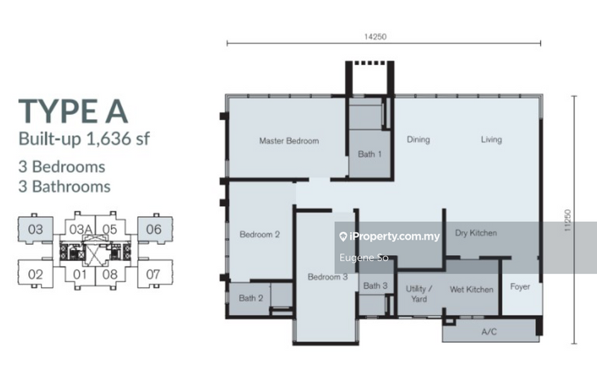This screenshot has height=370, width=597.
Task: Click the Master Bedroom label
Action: [x=289, y=141]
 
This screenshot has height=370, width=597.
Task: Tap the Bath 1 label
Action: [x=369, y=154]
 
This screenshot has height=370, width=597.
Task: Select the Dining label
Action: [x=418, y=139]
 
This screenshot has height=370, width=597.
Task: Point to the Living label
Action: [x=491, y=139]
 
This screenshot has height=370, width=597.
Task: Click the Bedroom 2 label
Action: [x=260, y=234]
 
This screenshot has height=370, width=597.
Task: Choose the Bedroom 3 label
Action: [x=328, y=277]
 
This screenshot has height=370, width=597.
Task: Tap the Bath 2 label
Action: [x=251, y=298]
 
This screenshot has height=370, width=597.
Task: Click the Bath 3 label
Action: [x=375, y=286]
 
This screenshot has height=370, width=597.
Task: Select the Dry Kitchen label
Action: [x=476, y=233]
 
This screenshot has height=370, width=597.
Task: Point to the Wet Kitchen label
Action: [x=472, y=289]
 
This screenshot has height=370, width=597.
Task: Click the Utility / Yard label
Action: [x=419, y=294]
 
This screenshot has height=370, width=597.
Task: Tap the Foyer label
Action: [x=519, y=286]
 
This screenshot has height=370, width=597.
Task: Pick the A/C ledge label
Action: [x=489, y=332]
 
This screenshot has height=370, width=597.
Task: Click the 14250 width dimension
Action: [x=375, y=37]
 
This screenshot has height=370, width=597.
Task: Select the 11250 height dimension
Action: [x=568, y=220]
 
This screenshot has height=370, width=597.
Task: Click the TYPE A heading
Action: [x=73, y=112]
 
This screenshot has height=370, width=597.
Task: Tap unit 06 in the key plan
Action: [x=154, y=229]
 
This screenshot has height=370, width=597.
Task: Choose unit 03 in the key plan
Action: [x=35, y=229]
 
